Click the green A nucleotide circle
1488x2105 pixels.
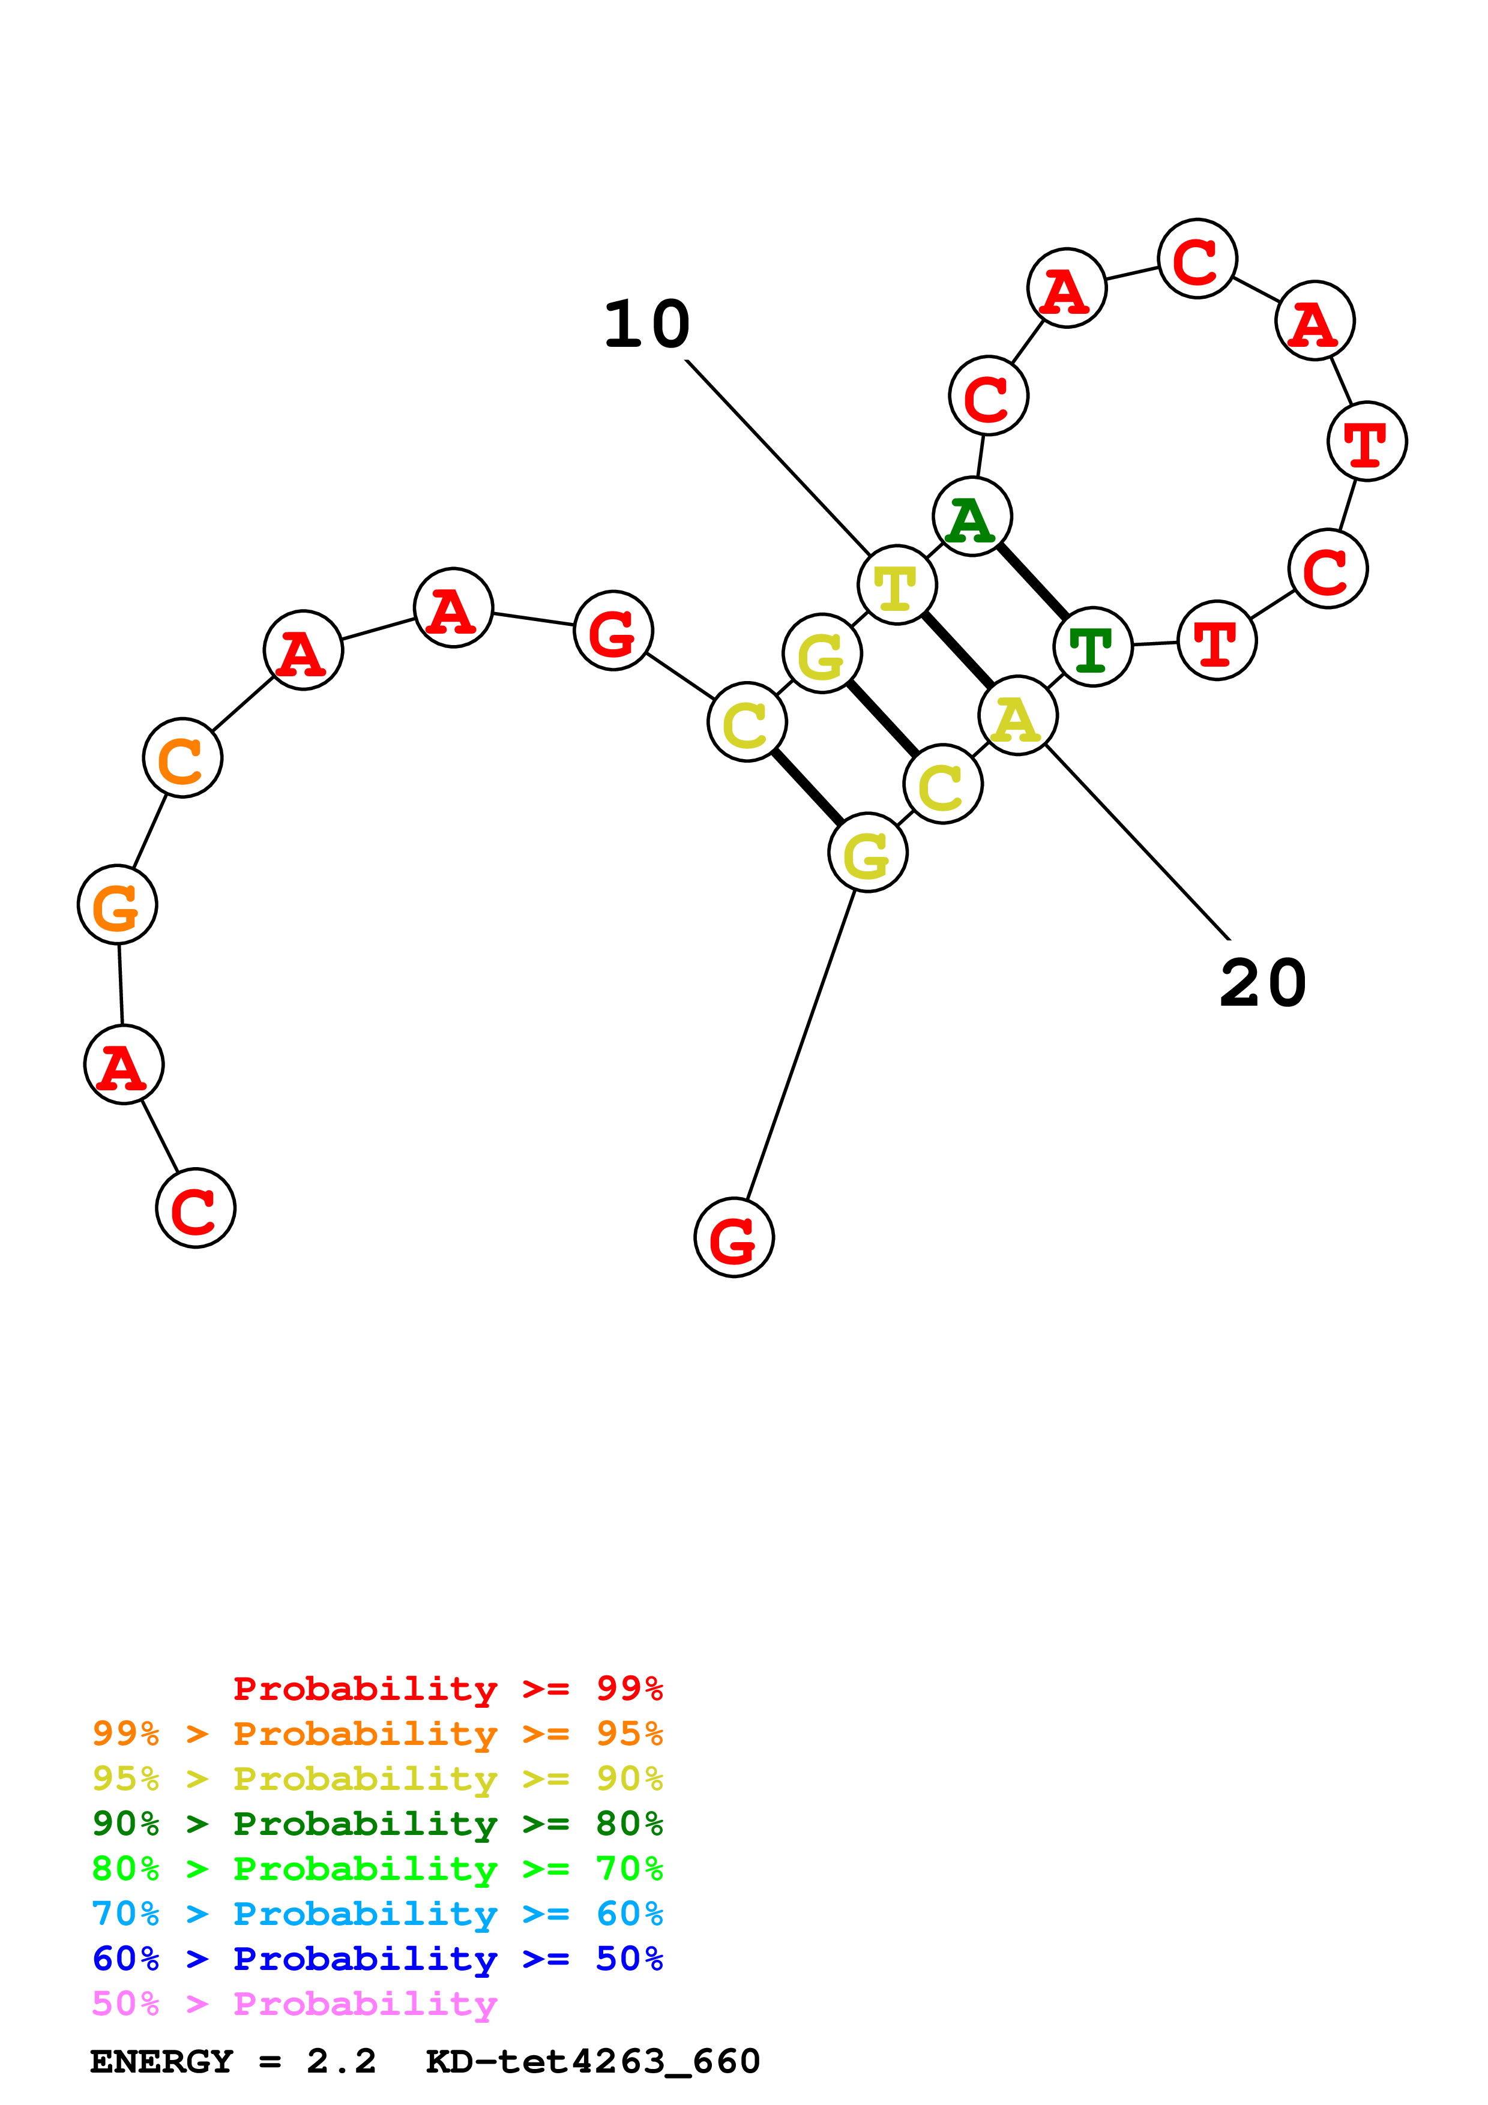coord(972,517)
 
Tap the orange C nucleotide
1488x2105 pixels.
coord(182,758)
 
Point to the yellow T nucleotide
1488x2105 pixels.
coord(897,585)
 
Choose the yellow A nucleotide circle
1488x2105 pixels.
coord(1017,716)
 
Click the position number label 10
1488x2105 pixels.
coord(646,325)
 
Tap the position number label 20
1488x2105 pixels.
coord(1262,983)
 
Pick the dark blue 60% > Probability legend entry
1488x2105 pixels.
coord(377,1959)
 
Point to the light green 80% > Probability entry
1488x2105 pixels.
coord(377,1869)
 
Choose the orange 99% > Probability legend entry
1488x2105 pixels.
coord(377,1734)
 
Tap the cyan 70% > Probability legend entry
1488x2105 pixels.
coord(377,1914)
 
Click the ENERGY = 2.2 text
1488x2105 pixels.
coord(233,2062)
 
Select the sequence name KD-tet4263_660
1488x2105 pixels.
coord(593,2062)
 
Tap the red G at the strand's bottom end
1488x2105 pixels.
coord(733,1238)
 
